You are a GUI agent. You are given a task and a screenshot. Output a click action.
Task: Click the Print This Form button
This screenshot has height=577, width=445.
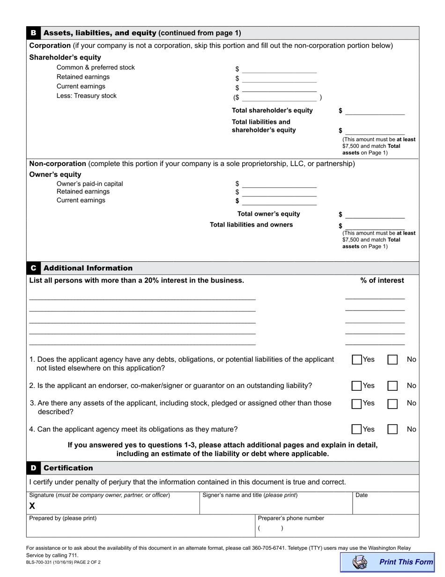pos(387,562)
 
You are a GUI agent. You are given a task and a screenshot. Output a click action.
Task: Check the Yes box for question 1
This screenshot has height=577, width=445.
pos(357,360)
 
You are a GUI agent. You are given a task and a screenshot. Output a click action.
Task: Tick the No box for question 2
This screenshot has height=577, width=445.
pos(393,386)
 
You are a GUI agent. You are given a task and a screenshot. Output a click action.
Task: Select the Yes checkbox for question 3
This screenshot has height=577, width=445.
pos(357,403)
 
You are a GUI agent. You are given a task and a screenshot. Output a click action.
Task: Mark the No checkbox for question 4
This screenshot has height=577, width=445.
pos(393,429)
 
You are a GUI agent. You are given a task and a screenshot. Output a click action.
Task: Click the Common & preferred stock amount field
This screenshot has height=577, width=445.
pos(279,69)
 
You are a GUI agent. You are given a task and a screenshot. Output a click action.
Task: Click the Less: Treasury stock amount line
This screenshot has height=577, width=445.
pos(279,98)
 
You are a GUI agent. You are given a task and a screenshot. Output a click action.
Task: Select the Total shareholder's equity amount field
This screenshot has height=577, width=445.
pos(375,111)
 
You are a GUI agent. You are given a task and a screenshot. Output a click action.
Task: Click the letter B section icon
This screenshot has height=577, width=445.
pos(33,33)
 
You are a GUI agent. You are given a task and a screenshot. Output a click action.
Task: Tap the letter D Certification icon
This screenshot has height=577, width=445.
pos(33,468)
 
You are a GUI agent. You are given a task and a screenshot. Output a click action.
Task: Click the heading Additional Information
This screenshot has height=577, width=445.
pos(88,268)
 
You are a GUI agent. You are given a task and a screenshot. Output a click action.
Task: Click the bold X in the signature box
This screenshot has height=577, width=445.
pos(32,506)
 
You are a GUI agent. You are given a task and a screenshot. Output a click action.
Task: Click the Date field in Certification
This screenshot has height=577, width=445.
pos(385,505)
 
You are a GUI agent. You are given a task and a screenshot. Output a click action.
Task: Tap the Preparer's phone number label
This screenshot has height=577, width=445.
pos(291,518)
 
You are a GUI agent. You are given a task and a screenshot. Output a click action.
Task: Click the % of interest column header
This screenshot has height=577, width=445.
pos(382,281)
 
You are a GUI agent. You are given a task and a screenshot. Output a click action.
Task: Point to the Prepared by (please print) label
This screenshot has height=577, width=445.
pos(63,518)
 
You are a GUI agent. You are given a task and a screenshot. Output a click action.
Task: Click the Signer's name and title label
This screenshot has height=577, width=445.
pos(250,495)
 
